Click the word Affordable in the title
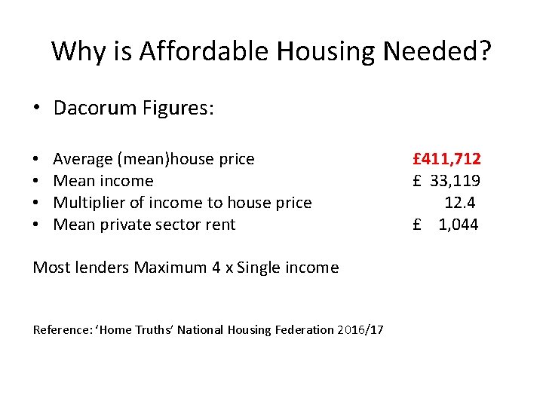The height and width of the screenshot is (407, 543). [x=204, y=52]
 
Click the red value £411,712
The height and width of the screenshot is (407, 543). [x=446, y=159]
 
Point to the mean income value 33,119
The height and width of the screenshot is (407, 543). [x=456, y=181]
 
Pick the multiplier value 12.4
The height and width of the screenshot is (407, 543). [x=460, y=203]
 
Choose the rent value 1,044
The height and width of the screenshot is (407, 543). [x=459, y=225]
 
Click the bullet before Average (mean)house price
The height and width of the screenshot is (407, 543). [x=37, y=160]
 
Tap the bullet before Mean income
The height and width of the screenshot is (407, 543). [x=37, y=182]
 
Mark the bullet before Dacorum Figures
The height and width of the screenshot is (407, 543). [x=37, y=109]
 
